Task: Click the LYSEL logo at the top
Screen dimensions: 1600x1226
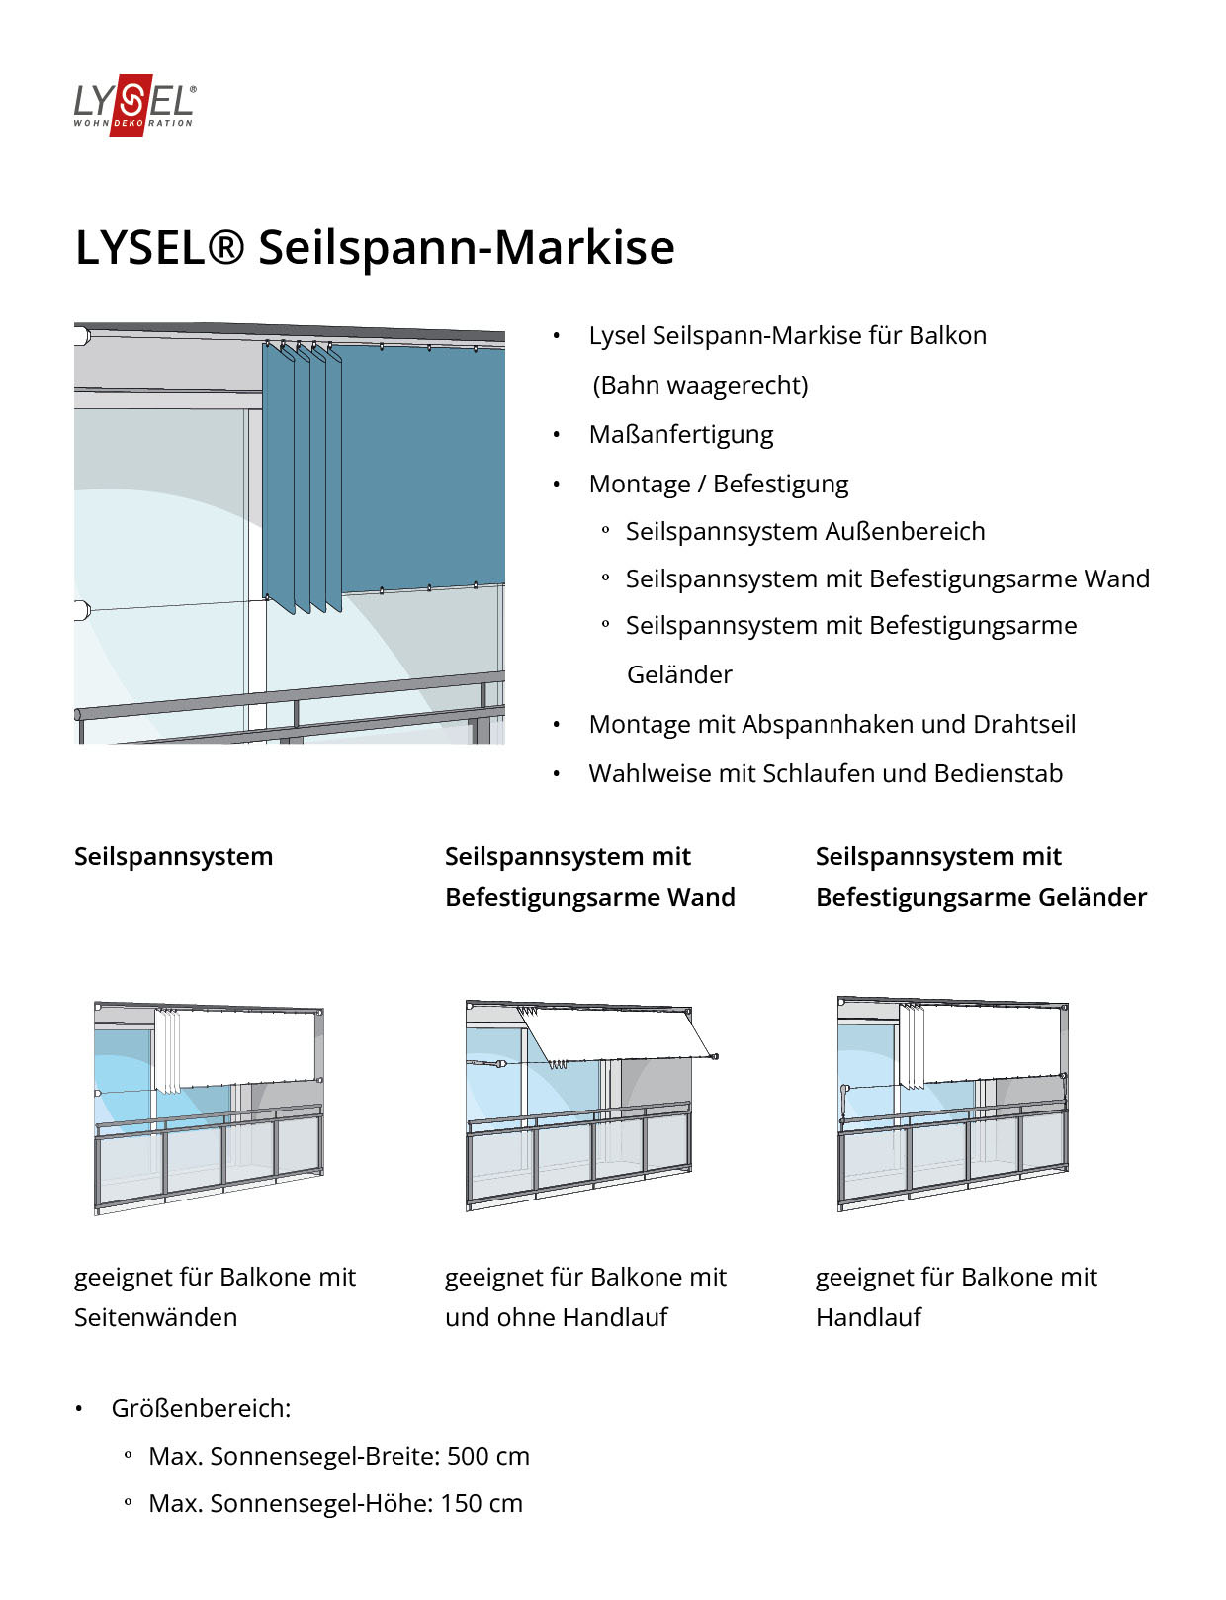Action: [134, 104]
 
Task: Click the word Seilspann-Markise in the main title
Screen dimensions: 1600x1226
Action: [466, 247]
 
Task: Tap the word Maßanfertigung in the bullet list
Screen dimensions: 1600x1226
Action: [680, 435]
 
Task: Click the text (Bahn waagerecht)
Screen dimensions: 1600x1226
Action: [700, 386]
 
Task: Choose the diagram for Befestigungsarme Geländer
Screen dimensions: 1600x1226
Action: [952, 1104]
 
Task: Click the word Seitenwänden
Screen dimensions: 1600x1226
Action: [155, 1318]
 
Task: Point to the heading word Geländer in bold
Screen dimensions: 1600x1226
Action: [1092, 898]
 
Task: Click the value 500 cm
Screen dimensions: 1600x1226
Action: [487, 1457]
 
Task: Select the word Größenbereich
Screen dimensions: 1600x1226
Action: [200, 1409]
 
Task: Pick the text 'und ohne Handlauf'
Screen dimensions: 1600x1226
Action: [556, 1318]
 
